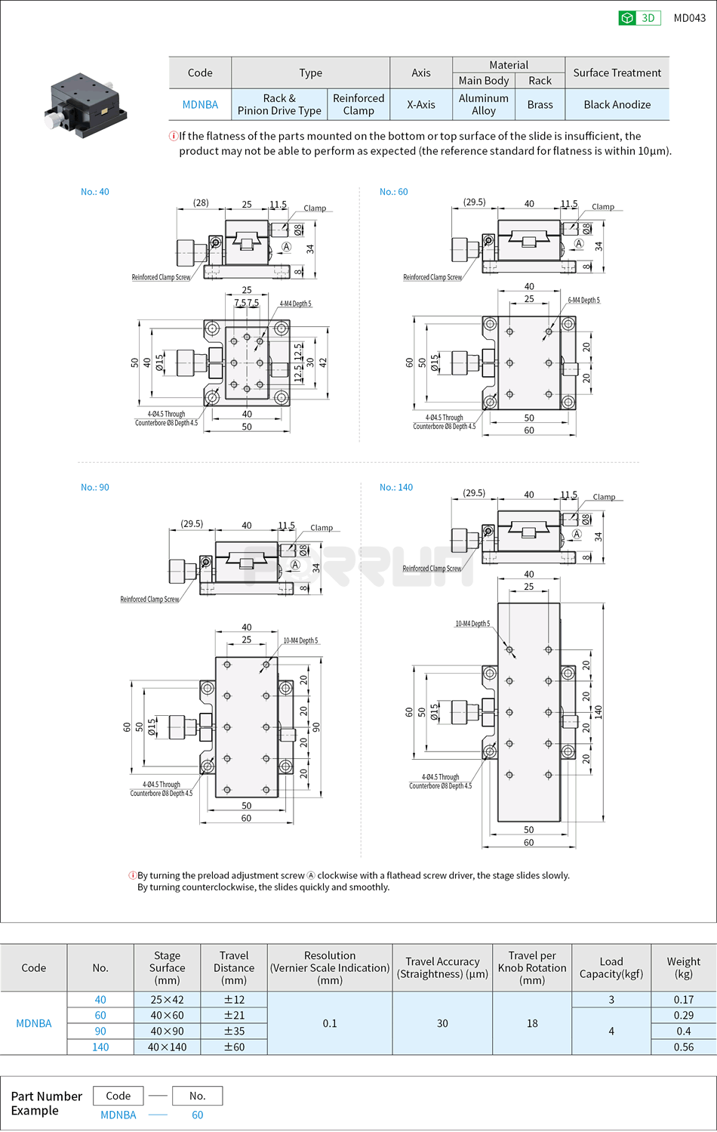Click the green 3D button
pos(639,18)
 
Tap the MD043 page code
pos(689,18)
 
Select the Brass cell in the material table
pos(540,105)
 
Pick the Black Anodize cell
pos(617,105)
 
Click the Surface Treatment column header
pos(617,72)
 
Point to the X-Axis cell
pos(420,105)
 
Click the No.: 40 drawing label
pos(95,192)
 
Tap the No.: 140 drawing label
pos(396,487)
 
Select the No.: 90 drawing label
pos(95,487)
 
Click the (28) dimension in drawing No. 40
pos(201,202)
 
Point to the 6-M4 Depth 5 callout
pos(583,301)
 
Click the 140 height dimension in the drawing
pos(598,711)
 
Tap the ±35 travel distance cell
pos(234,1031)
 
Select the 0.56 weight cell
pos(683,1047)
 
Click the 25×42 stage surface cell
pos(167,999)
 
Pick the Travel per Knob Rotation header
pos(531,967)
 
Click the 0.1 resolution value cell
pos(330,1023)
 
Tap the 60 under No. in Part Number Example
pos(197,1115)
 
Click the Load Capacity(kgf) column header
pos(611,967)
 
